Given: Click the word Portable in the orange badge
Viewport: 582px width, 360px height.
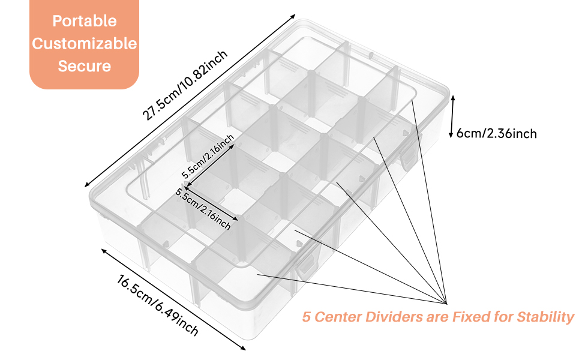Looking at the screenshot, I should tap(84, 21).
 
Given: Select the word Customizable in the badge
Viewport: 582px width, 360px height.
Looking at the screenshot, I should tap(84, 44).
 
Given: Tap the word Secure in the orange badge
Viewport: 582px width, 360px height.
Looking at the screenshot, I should tap(84, 65).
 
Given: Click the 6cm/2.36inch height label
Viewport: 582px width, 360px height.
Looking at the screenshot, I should tap(497, 133).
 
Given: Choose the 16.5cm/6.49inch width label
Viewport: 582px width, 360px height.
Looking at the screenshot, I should tap(158, 304).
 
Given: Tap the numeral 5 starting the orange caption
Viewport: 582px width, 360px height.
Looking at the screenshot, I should tap(306, 317).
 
